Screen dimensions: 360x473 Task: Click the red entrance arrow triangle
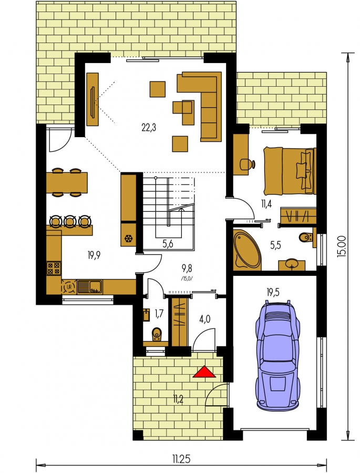[x=204, y=372]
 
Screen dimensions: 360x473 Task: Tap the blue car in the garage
[x=278, y=355]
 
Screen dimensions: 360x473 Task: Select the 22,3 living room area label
[x=149, y=128]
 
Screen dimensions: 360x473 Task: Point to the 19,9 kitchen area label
[x=94, y=255]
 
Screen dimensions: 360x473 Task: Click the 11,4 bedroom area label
[x=266, y=204]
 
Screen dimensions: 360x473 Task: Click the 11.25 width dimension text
[x=181, y=459]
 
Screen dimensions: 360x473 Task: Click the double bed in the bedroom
[x=290, y=171]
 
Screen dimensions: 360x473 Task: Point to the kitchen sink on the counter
[x=90, y=286]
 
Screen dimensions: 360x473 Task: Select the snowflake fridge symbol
[x=129, y=240]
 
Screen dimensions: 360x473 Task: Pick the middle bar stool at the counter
[x=70, y=221]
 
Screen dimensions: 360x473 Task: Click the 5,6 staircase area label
[x=168, y=244]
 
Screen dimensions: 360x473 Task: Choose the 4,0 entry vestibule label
[x=205, y=319]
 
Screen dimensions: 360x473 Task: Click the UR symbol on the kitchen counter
[x=69, y=287]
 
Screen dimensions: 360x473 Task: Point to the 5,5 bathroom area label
[x=275, y=245]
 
